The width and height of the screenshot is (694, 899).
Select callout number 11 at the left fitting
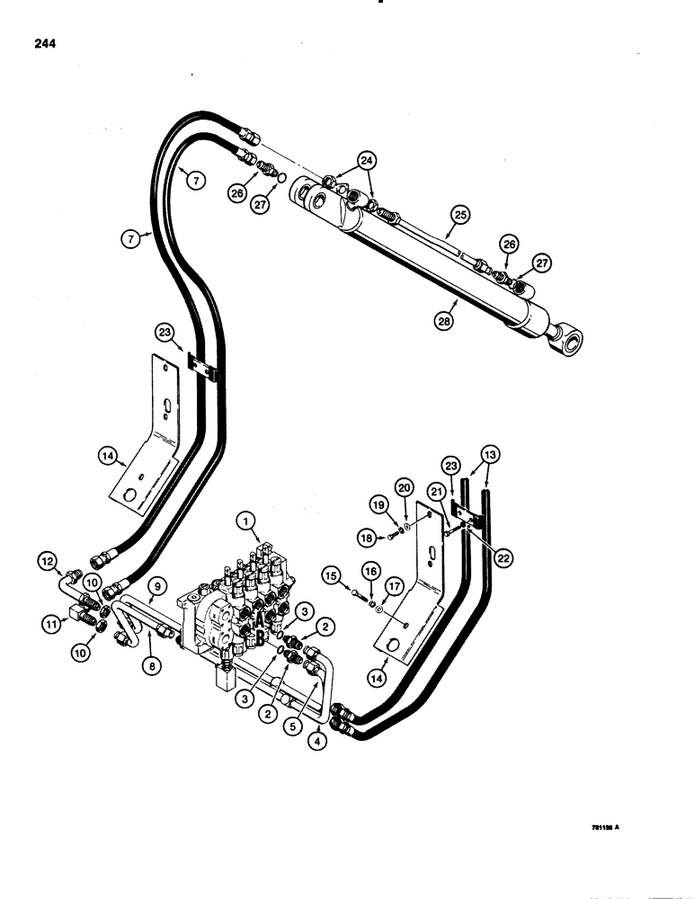pos(49,621)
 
